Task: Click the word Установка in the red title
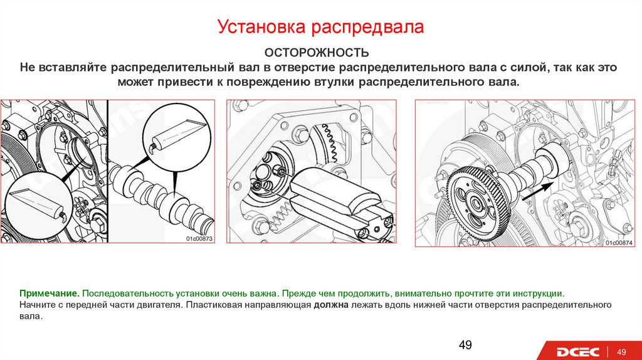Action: pyautogui.click(x=261, y=26)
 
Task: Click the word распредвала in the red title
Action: pyautogui.click(x=367, y=28)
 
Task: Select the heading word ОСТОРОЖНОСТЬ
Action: pyautogui.click(x=317, y=53)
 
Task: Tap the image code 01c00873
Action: pyautogui.click(x=199, y=239)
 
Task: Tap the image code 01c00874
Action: pyautogui.click(x=619, y=243)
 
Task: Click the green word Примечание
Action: pyautogui.click(x=49, y=294)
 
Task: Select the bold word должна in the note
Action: pyautogui.click(x=331, y=305)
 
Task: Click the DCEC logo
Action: pyautogui.click(x=577, y=352)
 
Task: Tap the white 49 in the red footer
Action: pyautogui.click(x=621, y=352)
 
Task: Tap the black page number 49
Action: pyautogui.click(x=465, y=345)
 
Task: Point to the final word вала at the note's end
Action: pyautogui.click(x=30, y=317)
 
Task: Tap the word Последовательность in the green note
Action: pyautogui.click(x=128, y=294)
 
